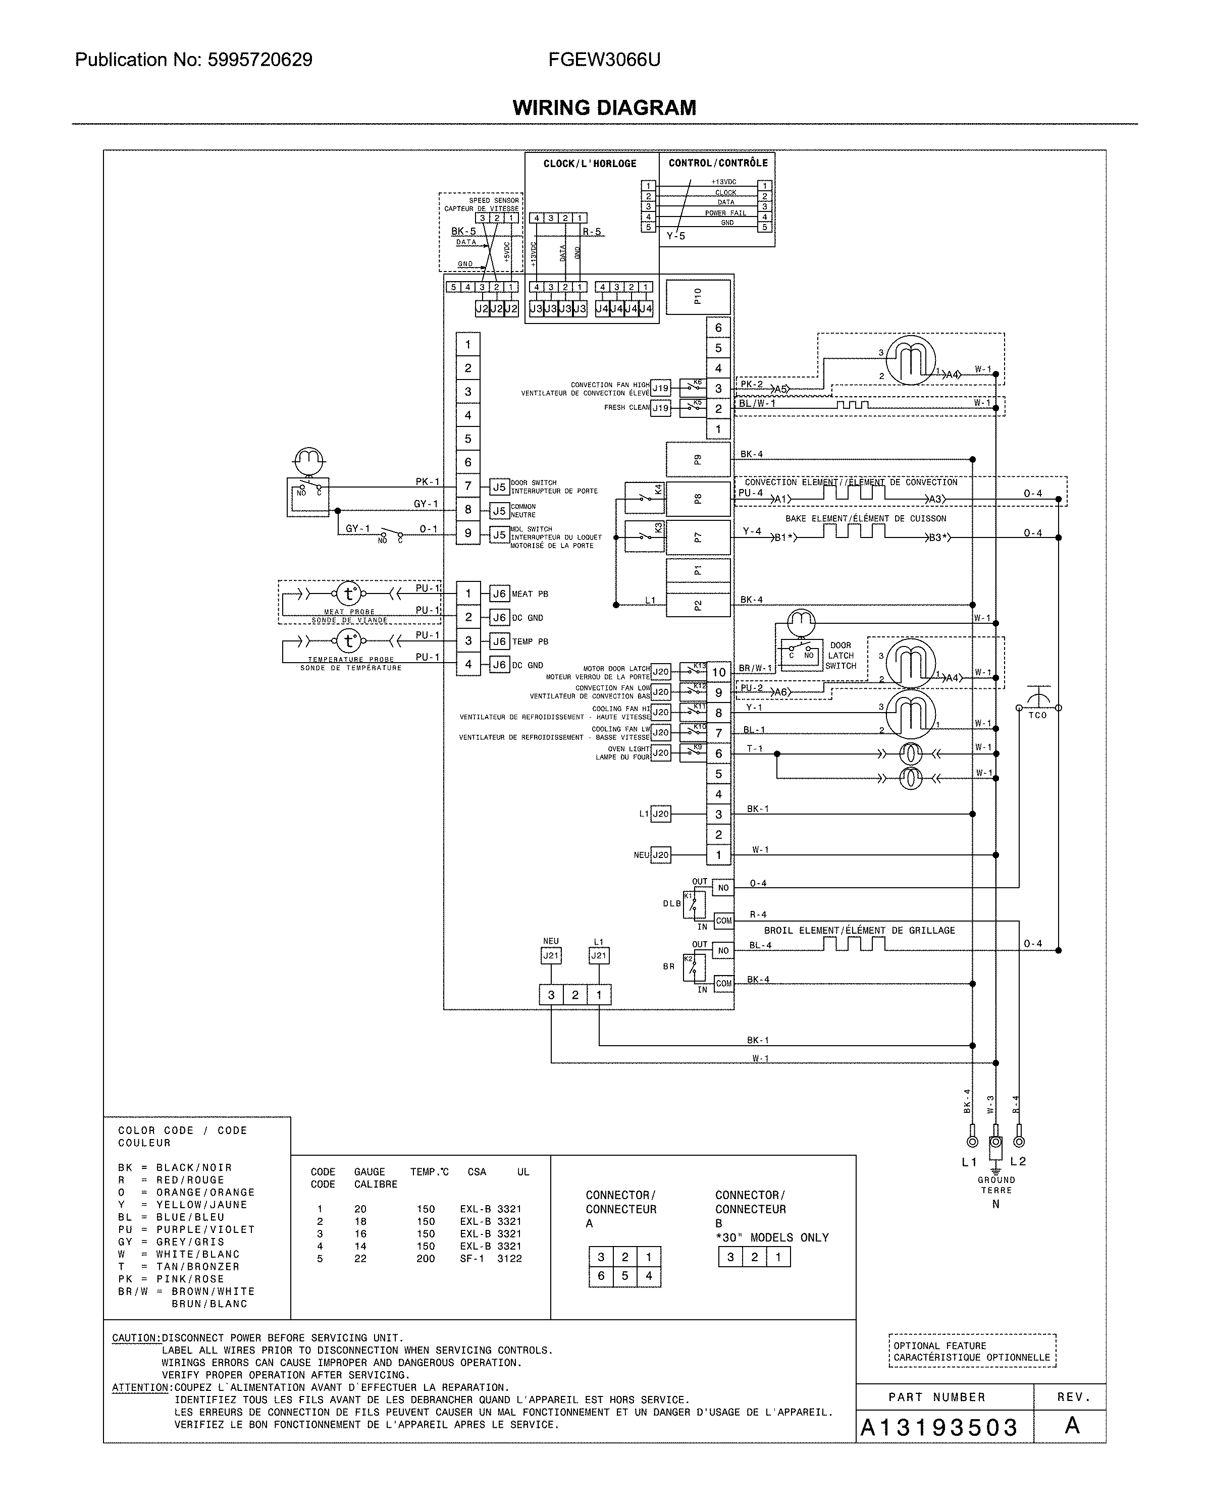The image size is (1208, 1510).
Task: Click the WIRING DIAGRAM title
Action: click(604, 108)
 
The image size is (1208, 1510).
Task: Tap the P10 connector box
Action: click(698, 297)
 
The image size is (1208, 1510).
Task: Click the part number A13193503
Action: click(939, 1427)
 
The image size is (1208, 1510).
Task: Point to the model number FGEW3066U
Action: click(604, 60)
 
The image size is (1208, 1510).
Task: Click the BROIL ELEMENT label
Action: click(859, 930)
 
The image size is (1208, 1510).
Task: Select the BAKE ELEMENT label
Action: click(865, 518)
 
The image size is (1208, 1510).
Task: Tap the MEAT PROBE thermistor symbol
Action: click(348, 594)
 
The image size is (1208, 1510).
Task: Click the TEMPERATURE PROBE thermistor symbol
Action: click(348, 641)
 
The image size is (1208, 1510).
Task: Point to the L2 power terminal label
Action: click(1018, 1161)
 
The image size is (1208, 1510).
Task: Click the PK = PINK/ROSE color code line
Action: click(171, 1279)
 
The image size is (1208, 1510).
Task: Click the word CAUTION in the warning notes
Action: click(136, 1338)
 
